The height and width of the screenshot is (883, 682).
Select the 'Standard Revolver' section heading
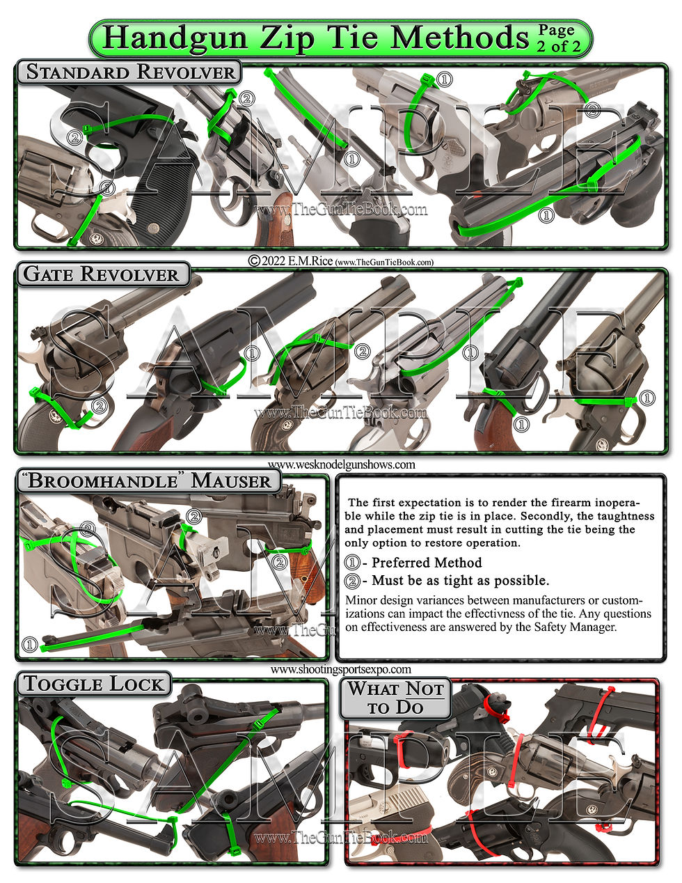[x=129, y=72]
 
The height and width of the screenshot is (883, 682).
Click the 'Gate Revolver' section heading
[x=102, y=274]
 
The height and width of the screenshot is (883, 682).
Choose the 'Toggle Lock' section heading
[x=93, y=683]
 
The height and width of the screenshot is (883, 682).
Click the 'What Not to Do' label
[x=396, y=698]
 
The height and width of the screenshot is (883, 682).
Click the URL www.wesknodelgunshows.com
[x=341, y=464]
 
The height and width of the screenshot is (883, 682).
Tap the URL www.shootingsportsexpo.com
[x=340, y=669]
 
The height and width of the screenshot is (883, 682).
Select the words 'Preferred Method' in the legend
[x=427, y=563]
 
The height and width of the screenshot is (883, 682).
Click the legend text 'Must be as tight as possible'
[x=460, y=580]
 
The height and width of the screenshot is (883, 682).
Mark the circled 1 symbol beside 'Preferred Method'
[x=352, y=563]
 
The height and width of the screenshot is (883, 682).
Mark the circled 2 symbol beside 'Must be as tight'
[x=352, y=580]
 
